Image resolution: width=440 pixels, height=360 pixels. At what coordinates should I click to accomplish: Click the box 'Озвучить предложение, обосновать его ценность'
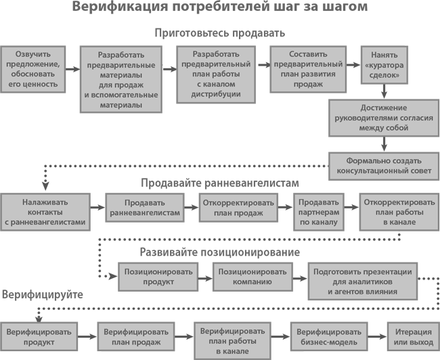(33, 69)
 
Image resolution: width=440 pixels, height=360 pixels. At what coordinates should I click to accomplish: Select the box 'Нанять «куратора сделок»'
(384, 65)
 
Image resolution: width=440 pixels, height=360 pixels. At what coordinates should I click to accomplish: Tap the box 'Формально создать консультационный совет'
(384, 166)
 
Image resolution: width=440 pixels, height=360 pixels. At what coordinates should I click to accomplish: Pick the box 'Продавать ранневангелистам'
(145, 208)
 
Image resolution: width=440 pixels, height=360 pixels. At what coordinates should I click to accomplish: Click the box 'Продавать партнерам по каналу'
(319, 212)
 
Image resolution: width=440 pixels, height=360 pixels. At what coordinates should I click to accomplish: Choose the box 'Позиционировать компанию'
(252, 277)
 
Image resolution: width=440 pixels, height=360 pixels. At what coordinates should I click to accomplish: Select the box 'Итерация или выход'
(414, 336)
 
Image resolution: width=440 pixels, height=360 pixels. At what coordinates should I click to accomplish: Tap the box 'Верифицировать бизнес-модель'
(329, 336)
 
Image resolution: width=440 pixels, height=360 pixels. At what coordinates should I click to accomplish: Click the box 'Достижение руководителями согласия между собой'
(384, 118)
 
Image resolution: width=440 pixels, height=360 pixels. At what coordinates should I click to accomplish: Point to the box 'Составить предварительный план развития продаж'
(308, 69)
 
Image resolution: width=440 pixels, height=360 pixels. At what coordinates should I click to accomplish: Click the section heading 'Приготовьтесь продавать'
(220, 33)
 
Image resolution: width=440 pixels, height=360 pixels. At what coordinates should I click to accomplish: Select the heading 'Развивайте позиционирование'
(220, 252)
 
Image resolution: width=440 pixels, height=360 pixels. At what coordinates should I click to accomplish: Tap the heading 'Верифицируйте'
(43, 294)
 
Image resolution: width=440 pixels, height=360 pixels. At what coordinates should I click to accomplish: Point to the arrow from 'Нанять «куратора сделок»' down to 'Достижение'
(384, 91)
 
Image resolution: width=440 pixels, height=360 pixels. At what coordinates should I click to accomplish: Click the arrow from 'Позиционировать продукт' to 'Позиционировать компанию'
(205, 278)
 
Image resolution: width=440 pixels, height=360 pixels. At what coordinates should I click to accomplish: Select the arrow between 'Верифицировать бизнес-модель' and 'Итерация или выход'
(377, 336)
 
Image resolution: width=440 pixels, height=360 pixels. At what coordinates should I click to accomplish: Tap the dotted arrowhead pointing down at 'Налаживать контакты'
(45, 186)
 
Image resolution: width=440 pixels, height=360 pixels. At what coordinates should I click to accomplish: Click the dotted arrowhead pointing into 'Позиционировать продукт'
(113, 276)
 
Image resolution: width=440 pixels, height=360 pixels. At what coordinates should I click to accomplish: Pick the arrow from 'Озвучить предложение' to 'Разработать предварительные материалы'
(72, 69)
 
